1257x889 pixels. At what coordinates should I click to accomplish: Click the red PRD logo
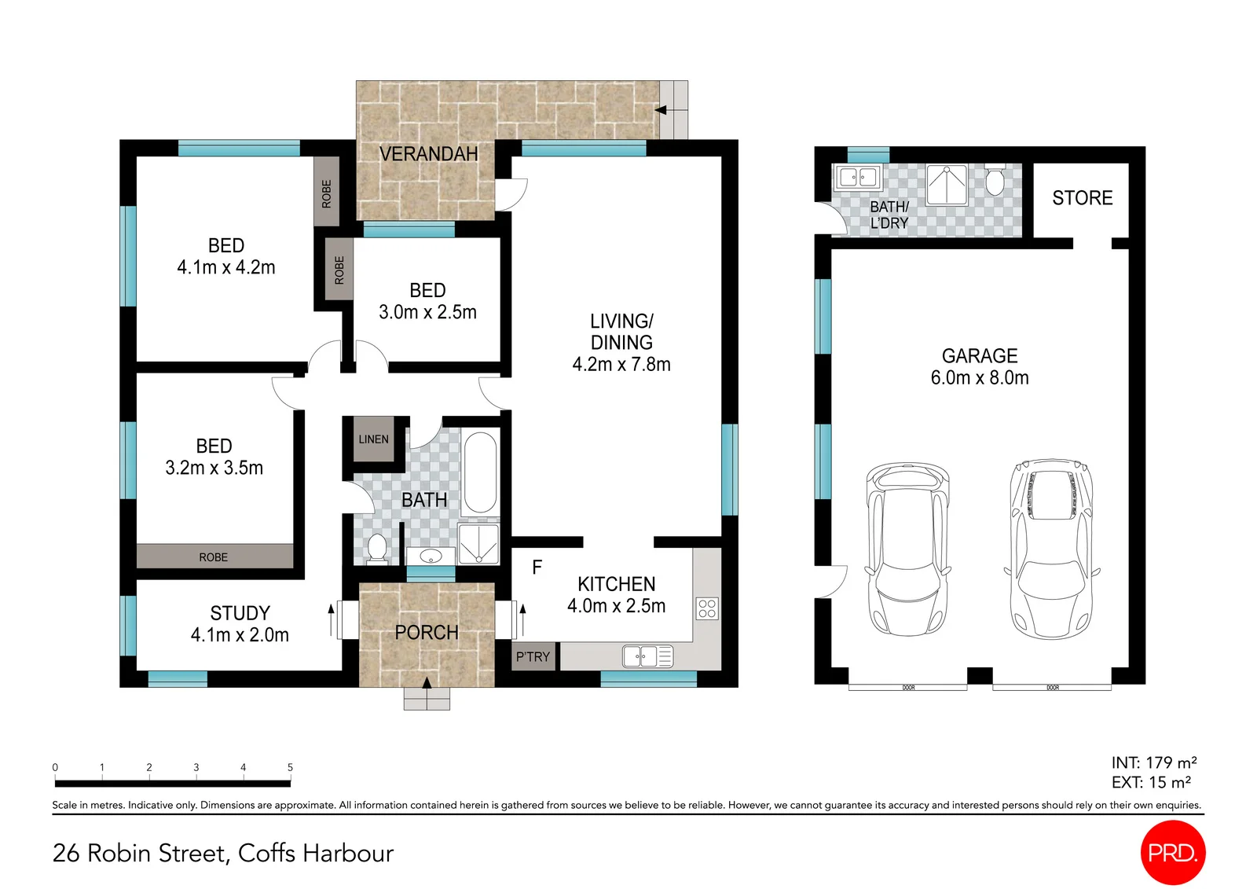1173,852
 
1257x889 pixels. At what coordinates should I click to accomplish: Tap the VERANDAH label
429,153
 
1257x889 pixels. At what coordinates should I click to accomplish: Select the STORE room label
1082,197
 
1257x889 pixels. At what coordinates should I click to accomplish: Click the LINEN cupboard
374,439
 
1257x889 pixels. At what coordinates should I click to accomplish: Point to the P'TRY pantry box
533,656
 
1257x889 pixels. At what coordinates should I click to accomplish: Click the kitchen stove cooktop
707,608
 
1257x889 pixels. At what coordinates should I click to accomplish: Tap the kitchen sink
647,656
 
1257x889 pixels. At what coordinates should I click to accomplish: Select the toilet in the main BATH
377,549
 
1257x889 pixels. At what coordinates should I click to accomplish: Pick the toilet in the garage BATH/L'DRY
995,180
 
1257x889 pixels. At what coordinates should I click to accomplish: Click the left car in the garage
907,549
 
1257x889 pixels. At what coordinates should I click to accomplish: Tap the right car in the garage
1052,548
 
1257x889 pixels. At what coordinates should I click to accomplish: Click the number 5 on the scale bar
290,766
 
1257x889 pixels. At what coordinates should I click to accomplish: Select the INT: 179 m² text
1154,762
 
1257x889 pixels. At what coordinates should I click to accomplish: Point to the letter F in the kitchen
537,568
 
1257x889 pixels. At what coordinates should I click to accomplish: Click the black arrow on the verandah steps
661,110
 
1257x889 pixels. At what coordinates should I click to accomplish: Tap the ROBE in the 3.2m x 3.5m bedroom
213,557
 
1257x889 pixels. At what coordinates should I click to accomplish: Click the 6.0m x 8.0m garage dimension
980,377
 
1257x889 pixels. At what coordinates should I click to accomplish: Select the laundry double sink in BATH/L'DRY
857,177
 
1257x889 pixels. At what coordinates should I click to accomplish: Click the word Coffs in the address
266,853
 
